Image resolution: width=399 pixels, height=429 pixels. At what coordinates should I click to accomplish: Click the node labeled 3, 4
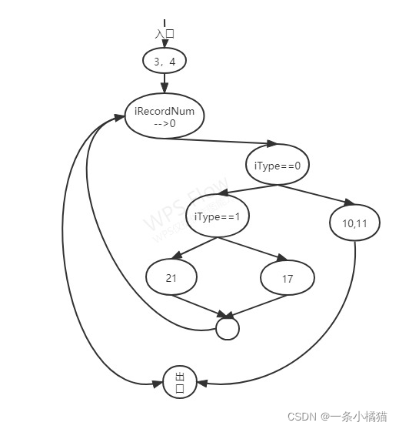165,61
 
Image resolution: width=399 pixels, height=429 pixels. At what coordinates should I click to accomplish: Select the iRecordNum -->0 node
165,116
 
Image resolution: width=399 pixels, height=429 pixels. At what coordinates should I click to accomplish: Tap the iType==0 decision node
278,164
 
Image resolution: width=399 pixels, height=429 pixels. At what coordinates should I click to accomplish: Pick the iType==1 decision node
218,216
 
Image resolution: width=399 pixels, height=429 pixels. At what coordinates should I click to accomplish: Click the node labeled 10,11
354,223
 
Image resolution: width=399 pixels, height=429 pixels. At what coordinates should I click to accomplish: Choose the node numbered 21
171,277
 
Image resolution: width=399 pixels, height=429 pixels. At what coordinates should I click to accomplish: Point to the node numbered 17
288,278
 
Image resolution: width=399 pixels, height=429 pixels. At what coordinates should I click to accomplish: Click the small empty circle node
228,329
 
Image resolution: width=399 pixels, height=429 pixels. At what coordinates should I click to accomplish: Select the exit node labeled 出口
180,382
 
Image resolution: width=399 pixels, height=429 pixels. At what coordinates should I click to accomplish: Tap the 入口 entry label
165,34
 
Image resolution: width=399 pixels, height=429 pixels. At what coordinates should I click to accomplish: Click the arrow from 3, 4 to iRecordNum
165,83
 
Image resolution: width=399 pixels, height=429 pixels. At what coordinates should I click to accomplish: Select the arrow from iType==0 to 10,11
316,195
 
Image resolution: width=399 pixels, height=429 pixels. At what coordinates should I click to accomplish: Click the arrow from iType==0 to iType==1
248,190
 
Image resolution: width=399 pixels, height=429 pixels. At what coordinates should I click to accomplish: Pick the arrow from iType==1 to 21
195,248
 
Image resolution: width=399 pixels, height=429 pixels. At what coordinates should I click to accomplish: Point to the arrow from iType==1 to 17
252,249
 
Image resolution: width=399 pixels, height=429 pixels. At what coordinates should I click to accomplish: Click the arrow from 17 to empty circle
258,307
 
